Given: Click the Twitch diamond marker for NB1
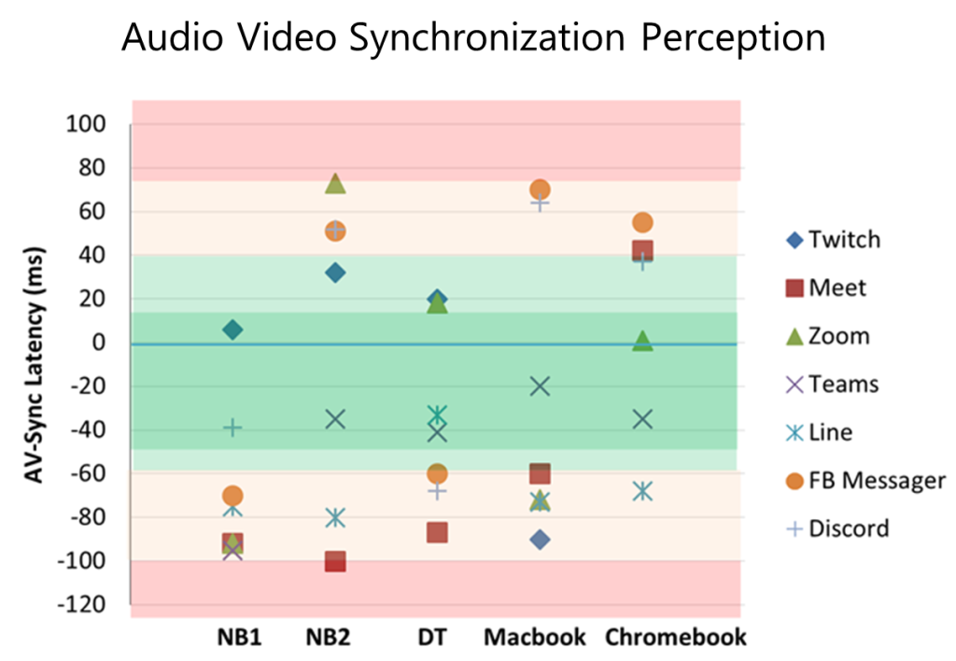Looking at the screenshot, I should point(232,330).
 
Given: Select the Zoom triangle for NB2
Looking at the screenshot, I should point(335,184).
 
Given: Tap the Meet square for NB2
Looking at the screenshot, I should point(335,561).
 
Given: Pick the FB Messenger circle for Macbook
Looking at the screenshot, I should point(540,190).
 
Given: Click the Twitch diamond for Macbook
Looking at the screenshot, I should point(540,540).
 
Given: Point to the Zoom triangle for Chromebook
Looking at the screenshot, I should point(642,341).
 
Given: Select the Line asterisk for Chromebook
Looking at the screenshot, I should point(642,491).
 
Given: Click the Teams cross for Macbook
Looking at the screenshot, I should point(540,387).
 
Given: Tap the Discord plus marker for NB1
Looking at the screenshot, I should point(232,428).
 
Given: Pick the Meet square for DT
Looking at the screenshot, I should point(437,532).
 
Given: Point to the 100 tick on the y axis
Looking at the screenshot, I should point(86,124).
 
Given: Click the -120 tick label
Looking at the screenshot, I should point(82,605).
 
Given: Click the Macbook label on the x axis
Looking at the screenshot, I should point(535,638).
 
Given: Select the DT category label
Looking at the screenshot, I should point(433,638).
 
